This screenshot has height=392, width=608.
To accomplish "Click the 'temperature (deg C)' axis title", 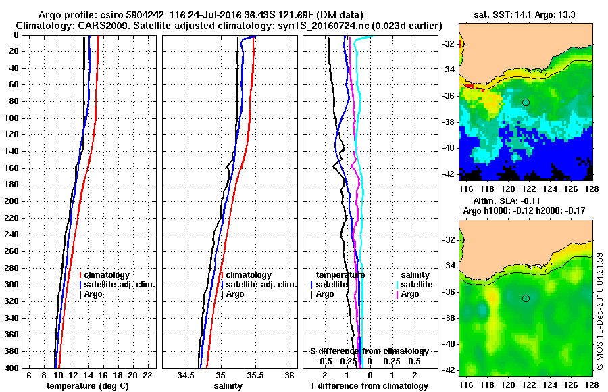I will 87,386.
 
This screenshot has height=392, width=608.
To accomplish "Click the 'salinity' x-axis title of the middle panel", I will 228,386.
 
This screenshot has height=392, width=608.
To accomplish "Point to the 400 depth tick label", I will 13,368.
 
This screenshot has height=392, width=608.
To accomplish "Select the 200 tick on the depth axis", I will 13,201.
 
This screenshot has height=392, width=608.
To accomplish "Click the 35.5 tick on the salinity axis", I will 255,375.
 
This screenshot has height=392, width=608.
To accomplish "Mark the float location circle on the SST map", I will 526,101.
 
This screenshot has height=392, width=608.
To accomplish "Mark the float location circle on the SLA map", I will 526,298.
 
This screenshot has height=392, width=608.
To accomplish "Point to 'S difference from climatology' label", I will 370,351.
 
